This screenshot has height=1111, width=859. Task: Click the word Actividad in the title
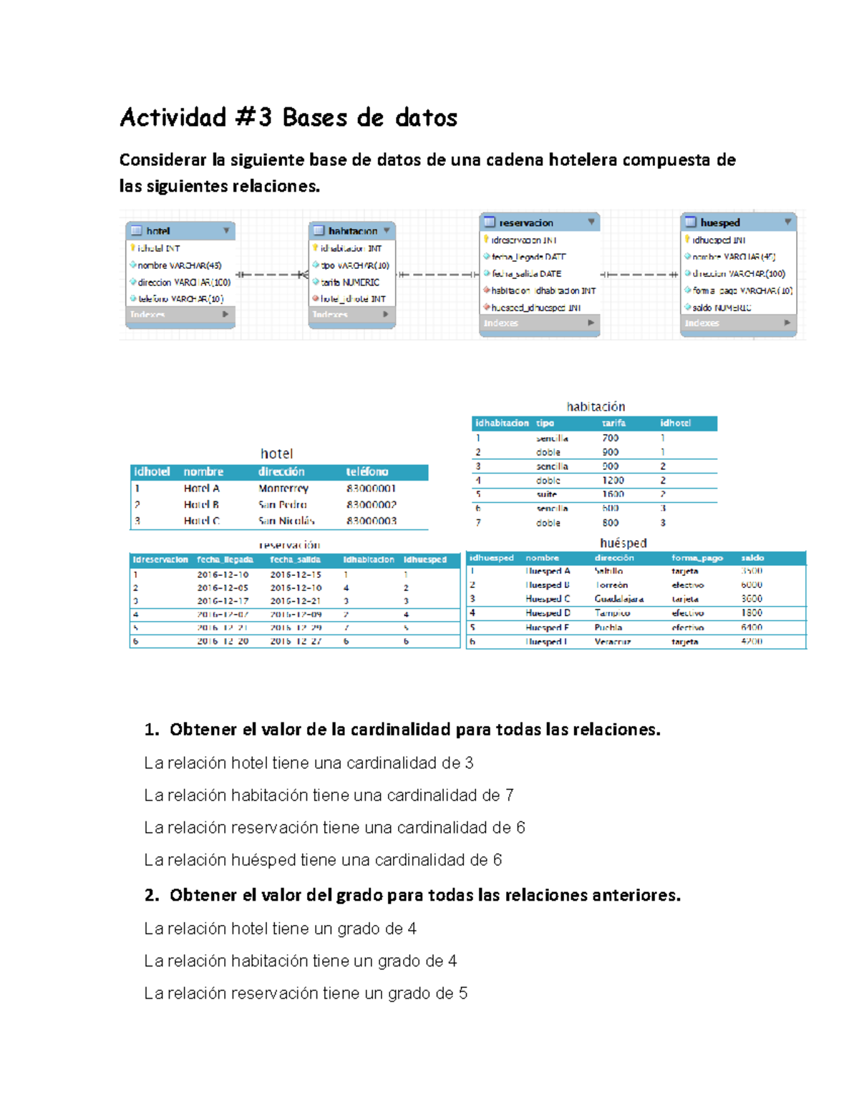(x=173, y=117)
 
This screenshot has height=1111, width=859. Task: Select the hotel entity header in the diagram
(x=158, y=231)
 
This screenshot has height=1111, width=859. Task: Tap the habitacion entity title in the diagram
(x=352, y=231)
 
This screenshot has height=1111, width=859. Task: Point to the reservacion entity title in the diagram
(x=526, y=222)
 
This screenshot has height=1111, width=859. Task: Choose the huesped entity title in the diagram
(x=720, y=222)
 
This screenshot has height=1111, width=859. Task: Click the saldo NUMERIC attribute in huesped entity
(x=722, y=308)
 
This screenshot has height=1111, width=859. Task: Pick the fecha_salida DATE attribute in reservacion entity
(x=526, y=274)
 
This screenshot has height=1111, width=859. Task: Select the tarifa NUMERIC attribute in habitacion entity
(x=350, y=283)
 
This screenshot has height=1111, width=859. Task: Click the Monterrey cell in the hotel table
(x=283, y=489)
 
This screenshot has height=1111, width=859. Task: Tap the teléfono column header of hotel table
(x=367, y=472)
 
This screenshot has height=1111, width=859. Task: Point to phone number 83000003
(x=371, y=521)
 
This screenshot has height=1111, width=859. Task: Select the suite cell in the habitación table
(x=547, y=494)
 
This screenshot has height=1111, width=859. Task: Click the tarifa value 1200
(x=613, y=481)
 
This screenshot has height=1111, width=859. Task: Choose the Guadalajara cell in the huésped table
(x=618, y=599)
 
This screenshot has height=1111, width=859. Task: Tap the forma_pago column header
(x=697, y=558)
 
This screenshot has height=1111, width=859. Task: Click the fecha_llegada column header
(x=225, y=559)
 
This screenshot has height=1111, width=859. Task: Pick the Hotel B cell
(x=201, y=505)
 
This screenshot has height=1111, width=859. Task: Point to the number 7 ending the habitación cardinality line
(x=509, y=796)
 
